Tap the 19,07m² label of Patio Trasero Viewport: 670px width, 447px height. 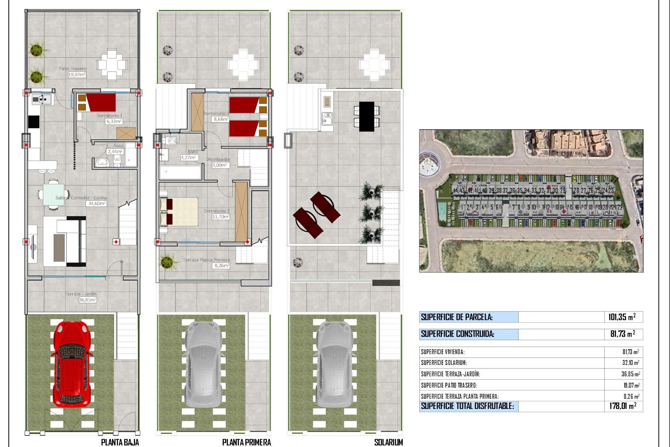[77, 75]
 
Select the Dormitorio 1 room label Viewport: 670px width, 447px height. [110, 116]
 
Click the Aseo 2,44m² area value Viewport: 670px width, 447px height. [115, 152]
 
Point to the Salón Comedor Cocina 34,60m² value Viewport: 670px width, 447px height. [97, 203]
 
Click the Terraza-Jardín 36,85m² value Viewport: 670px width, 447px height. [87, 300]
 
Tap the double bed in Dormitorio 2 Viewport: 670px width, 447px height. [179, 211]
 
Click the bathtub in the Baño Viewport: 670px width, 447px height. [180, 172]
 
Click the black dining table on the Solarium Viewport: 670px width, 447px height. [366, 116]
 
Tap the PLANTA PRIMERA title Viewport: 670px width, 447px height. [246, 442]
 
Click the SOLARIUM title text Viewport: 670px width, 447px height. [388, 442]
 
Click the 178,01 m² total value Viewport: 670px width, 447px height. [623, 406]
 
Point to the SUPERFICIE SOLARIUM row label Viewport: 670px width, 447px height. [444, 363]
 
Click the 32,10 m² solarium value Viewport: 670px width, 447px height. [631, 363]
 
